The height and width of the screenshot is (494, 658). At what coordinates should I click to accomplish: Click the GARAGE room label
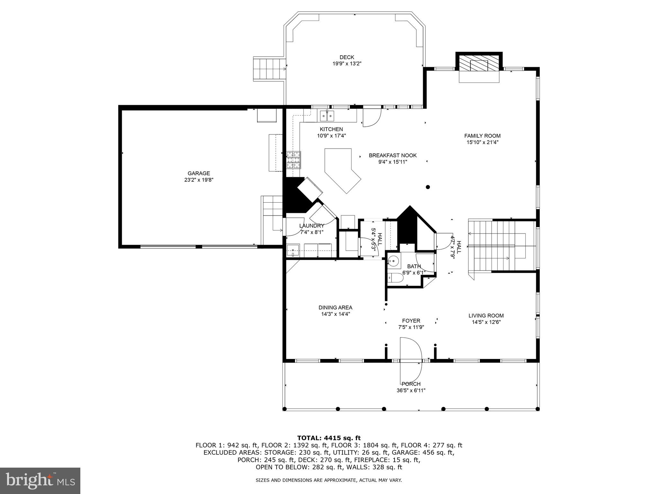pos(199,173)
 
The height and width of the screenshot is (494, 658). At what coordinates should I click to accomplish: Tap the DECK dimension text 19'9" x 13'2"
pos(347,64)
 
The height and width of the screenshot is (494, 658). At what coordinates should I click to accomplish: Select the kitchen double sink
pos(327,115)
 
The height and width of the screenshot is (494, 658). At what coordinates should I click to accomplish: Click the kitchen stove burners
pos(294,160)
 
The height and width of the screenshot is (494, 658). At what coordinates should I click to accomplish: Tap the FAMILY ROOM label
pos(482,136)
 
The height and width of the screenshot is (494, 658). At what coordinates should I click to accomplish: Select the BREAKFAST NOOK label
pos(393,155)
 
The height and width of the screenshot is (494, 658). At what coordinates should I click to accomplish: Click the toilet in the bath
pos(395,278)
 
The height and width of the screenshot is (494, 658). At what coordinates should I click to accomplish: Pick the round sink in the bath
pos(394,261)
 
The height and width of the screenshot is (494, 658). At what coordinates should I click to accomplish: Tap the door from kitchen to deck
pos(371,118)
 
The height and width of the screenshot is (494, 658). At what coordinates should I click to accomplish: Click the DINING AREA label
pos(335,307)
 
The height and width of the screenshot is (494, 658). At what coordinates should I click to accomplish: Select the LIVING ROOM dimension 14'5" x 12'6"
pos(486,322)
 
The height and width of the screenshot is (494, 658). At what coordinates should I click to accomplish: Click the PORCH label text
pos(411,384)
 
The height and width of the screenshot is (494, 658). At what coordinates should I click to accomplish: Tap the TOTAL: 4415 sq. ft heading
pos(329,438)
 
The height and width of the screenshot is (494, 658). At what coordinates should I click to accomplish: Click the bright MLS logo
pos(40,480)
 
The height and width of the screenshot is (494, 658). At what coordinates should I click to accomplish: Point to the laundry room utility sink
pos(293,251)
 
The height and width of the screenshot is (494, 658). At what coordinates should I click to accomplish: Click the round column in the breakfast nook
pos(428,187)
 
